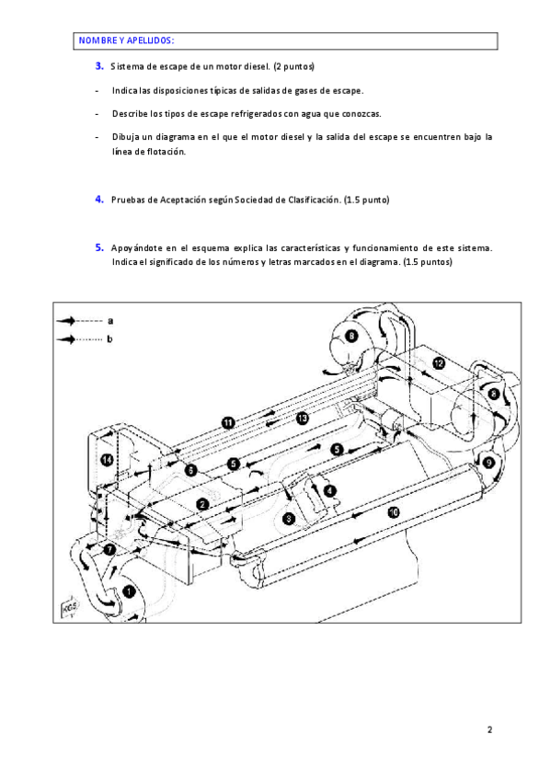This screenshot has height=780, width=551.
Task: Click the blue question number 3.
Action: [x=99, y=65]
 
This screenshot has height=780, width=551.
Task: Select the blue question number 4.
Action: [x=99, y=199]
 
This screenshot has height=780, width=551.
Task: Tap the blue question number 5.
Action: [x=99, y=247]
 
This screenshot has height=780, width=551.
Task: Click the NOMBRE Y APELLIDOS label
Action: [x=126, y=40]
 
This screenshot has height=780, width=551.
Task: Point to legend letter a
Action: [x=110, y=321]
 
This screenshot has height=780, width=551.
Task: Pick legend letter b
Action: [x=109, y=338]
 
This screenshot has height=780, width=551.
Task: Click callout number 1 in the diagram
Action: [x=129, y=591]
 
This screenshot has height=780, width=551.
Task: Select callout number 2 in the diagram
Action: [x=202, y=504]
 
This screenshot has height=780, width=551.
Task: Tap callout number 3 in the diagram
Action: [x=289, y=519]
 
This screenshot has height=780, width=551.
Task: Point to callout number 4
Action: [x=329, y=491]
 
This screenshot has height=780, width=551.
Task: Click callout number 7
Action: [x=109, y=550]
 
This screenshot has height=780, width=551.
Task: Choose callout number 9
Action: [x=488, y=464]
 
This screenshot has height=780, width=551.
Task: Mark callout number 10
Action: [x=394, y=511]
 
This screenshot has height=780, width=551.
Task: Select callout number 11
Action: [x=228, y=423]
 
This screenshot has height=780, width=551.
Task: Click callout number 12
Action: [x=438, y=363]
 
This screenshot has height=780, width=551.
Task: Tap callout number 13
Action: [x=303, y=419]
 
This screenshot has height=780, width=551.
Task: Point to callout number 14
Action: [x=107, y=460]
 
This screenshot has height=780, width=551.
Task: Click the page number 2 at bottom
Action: [x=490, y=729]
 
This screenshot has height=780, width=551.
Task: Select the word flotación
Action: [x=166, y=152]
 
